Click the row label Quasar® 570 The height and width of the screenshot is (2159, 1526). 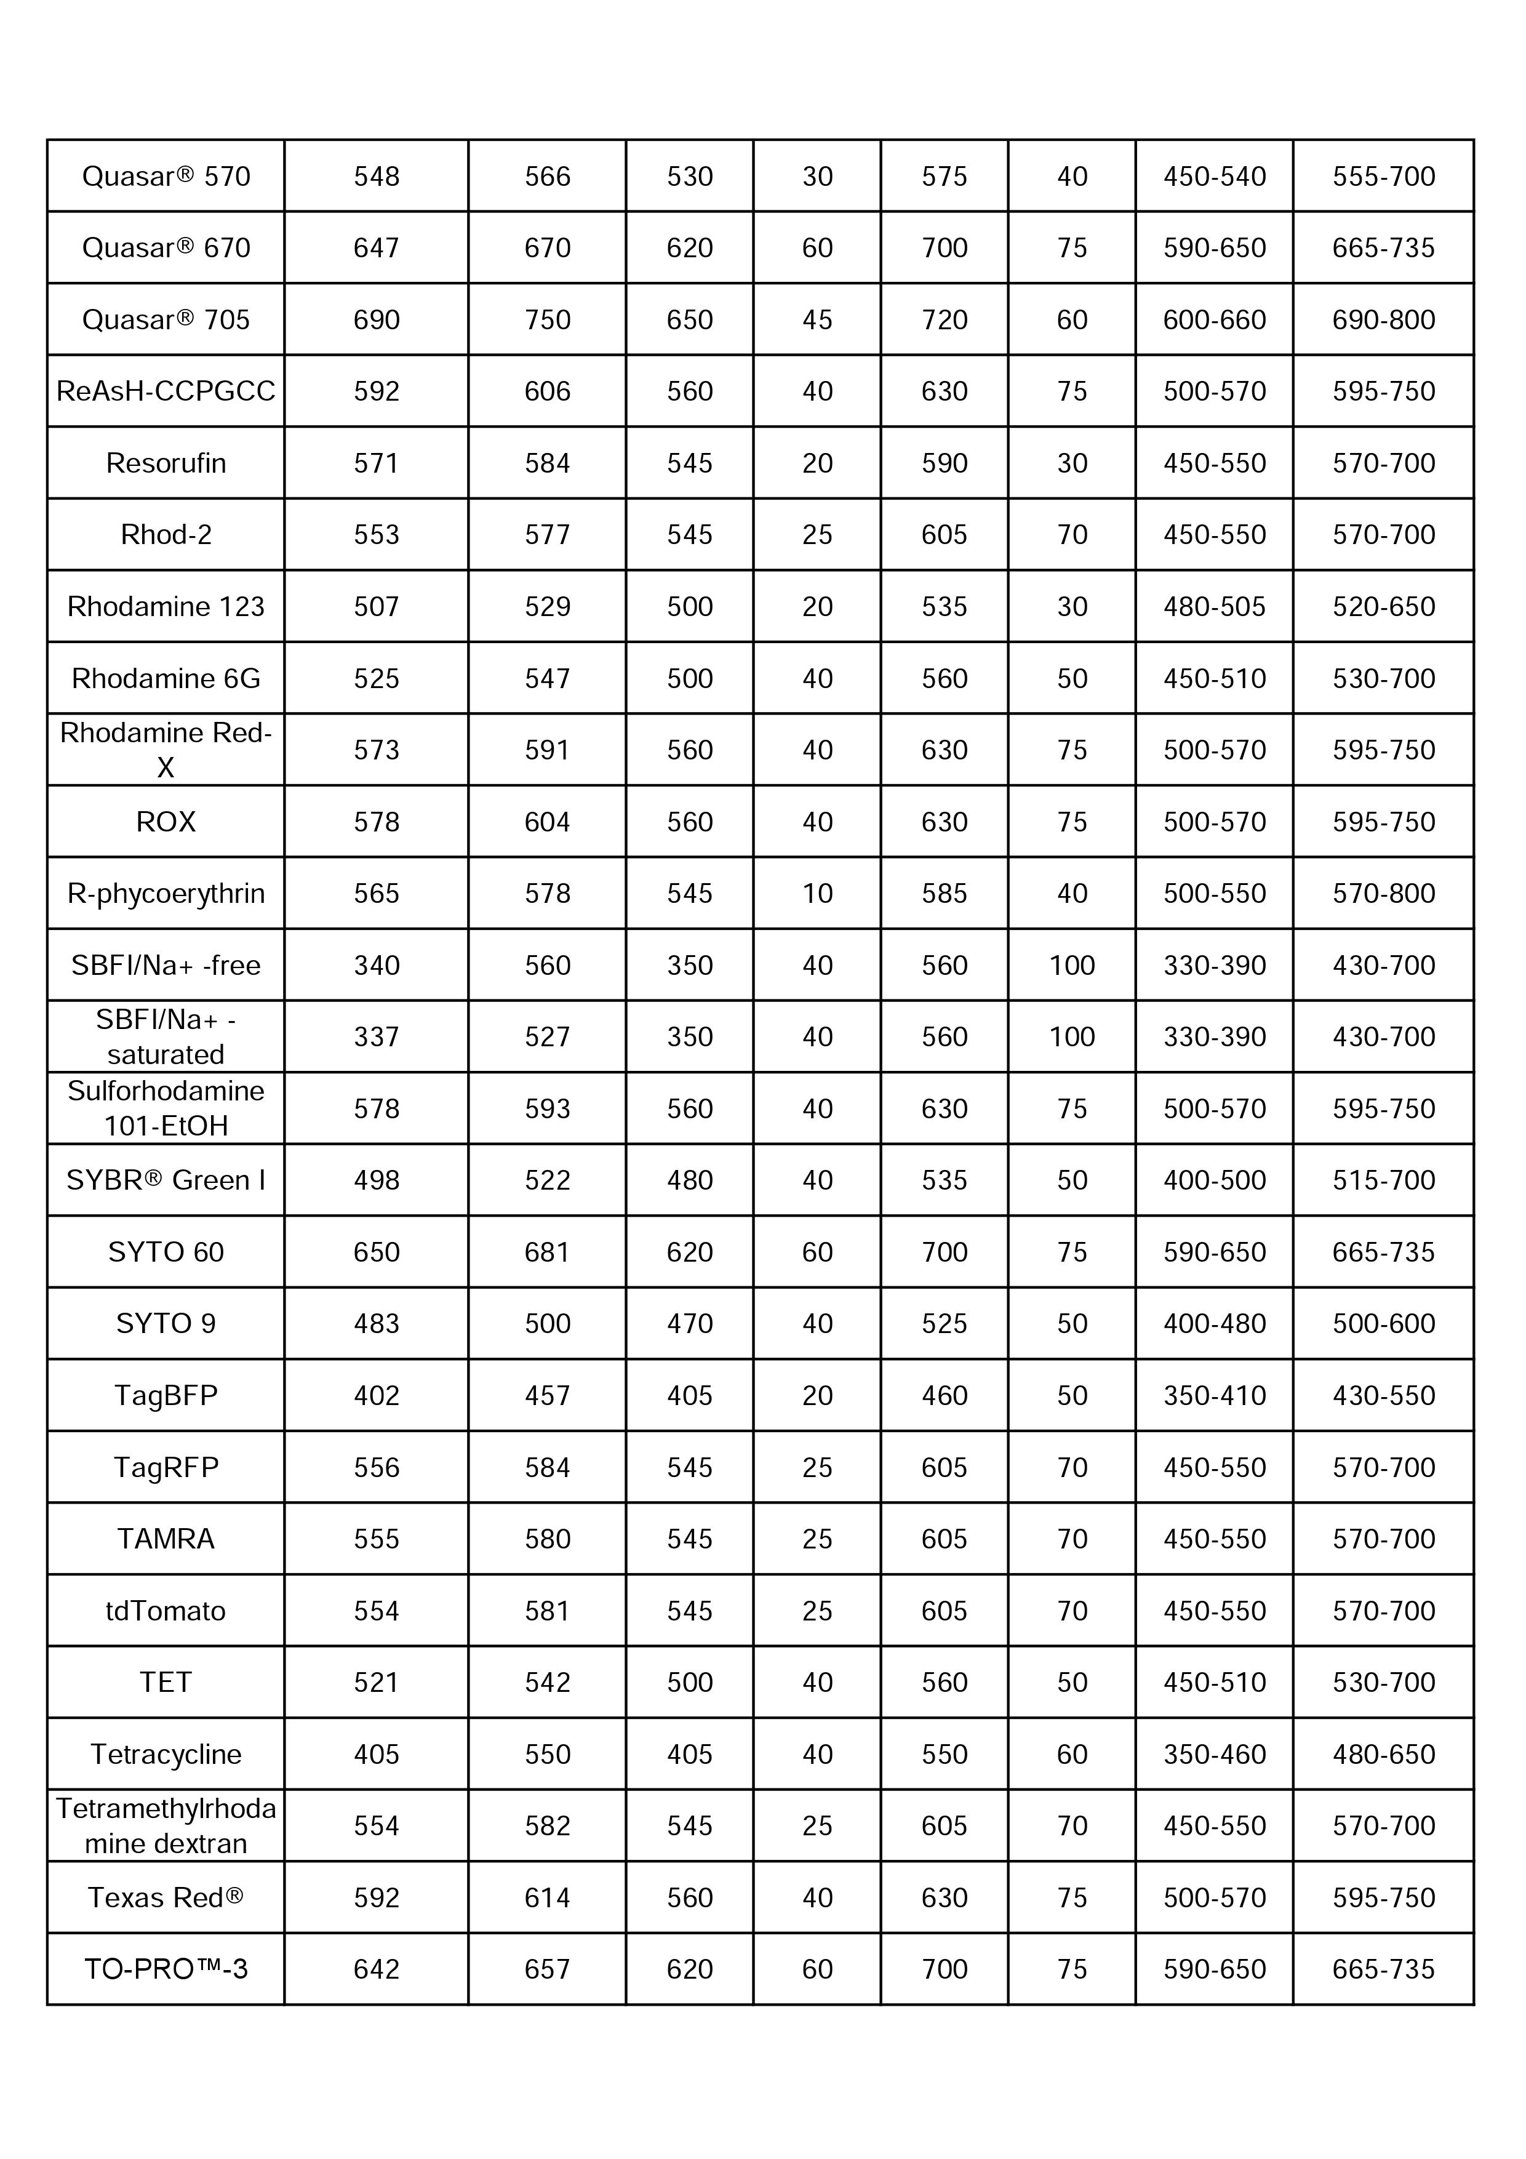[x=166, y=176]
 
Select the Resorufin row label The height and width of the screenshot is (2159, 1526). [x=166, y=463]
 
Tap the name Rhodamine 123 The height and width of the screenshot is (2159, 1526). [x=166, y=606]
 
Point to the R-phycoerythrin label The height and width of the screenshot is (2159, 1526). [x=166, y=893]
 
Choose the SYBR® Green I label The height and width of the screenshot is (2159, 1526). [x=166, y=1180]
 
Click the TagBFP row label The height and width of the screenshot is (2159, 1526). [x=166, y=1395]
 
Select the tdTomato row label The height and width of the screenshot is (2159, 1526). [x=166, y=1611]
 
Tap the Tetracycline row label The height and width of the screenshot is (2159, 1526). [x=166, y=1755]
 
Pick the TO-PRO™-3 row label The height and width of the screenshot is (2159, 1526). [x=166, y=1969]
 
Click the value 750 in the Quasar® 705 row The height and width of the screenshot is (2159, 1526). [x=547, y=319]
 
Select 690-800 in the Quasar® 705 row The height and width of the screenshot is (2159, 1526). [x=1383, y=319]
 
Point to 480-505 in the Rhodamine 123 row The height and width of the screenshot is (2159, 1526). [x=1214, y=606]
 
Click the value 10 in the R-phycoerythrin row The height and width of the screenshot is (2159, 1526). [x=817, y=893]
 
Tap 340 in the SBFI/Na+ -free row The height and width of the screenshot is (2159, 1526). [x=376, y=966]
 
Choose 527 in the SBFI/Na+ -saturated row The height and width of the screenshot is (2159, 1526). [x=547, y=1037]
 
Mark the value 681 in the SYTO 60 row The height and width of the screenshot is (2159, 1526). [x=547, y=1252]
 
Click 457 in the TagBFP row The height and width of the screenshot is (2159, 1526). [x=547, y=1395]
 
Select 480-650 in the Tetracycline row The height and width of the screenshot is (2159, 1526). [x=1383, y=1755]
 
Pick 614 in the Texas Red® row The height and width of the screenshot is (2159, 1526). [x=547, y=1897]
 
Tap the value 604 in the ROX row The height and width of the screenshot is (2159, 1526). [x=547, y=822]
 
